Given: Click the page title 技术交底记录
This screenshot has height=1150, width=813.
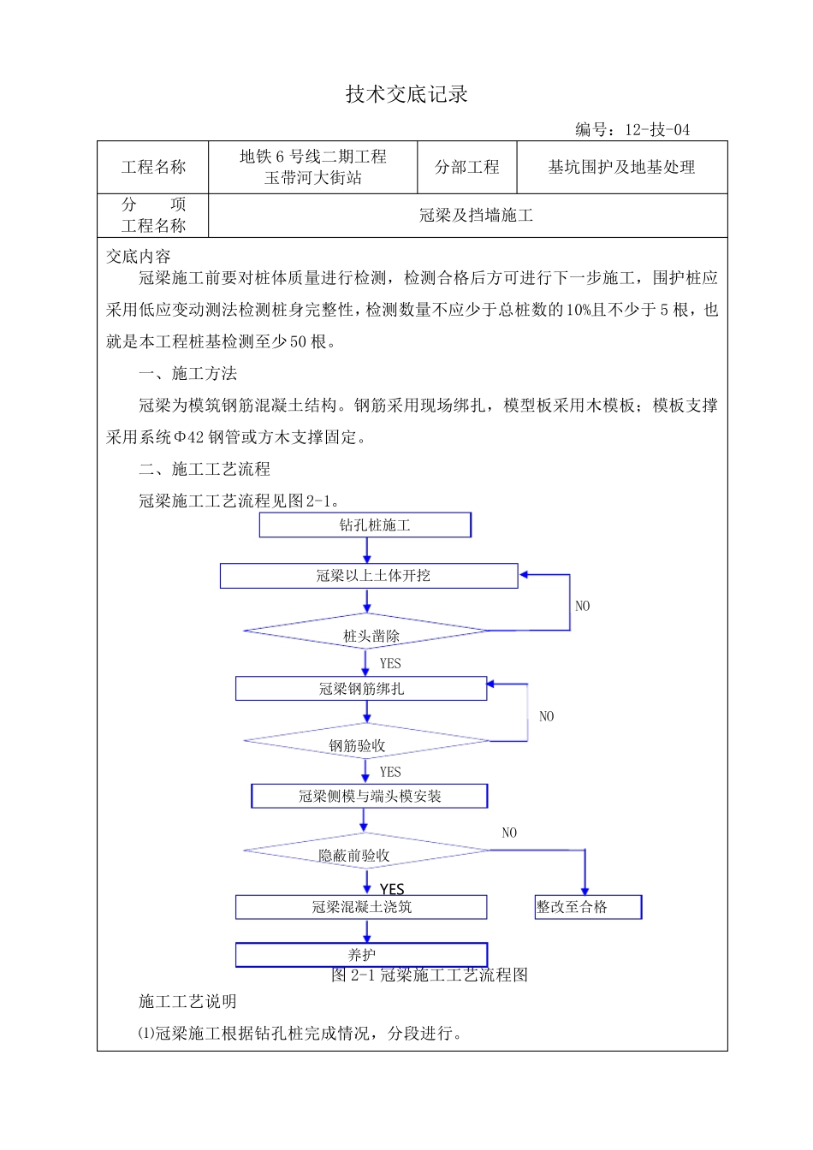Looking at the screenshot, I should click(406, 94).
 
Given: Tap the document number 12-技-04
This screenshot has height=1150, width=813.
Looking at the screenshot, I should click(656, 130).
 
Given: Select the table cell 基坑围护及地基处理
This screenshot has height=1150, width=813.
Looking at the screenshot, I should click(621, 168).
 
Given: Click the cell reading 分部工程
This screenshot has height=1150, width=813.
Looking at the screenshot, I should click(466, 168).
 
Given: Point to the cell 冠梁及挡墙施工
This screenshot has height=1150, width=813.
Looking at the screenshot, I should click(476, 216).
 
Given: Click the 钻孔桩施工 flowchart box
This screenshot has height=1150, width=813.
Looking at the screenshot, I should click(365, 525).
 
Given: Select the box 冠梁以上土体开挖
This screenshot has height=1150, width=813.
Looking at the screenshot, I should click(369, 576).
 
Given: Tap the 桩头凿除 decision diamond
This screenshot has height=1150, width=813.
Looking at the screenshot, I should click(366, 632).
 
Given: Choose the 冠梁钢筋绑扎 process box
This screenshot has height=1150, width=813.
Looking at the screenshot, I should click(361, 689).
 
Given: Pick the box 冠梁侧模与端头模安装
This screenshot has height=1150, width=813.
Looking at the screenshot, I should click(369, 797).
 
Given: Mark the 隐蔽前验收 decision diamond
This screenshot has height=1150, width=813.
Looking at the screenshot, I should click(366, 851).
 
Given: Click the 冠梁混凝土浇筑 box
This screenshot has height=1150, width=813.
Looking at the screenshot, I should click(361, 907).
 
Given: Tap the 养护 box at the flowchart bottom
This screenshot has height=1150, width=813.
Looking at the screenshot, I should click(361, 955).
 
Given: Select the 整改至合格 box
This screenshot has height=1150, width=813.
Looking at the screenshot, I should click(588, 907).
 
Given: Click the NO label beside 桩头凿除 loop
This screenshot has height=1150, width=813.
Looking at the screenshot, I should click(582, 607).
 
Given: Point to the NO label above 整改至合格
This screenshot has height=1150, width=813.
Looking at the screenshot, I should click(509, 833).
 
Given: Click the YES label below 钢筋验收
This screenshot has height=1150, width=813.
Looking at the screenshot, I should click(390, 772).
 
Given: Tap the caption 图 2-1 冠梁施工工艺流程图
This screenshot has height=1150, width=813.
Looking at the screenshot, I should click(430, 975).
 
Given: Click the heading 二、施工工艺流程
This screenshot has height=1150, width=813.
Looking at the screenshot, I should click(205, 469).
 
